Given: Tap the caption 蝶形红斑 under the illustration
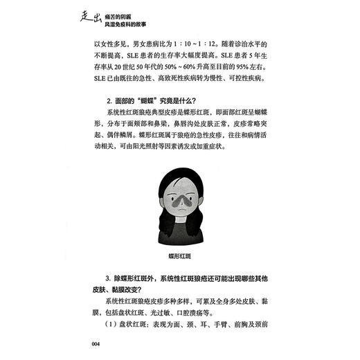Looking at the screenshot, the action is pyautogui.click(x=179, y=255).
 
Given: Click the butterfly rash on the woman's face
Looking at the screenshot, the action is pyautogui.click(x=179, y=201).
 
